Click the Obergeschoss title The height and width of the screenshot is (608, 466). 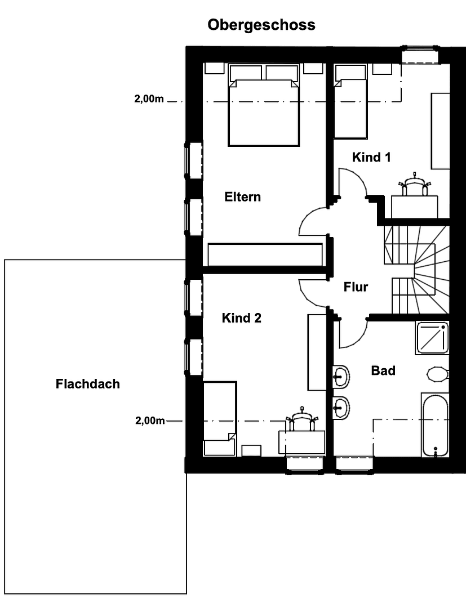point(261,25)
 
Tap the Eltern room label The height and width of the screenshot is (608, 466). point(242,197)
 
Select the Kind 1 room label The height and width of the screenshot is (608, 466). point(371,157)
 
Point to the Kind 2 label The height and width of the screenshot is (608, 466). point(241,318)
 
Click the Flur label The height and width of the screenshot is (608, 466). point(356,287)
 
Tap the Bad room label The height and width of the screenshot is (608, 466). point(383,370)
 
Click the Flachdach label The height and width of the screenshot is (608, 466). point(88,385)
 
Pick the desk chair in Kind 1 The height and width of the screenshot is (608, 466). point(415,184)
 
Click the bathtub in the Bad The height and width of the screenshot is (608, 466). point(435,425)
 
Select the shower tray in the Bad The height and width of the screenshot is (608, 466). point(432,338)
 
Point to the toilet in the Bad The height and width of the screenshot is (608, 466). point(437,374)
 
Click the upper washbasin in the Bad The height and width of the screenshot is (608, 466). point(341,376)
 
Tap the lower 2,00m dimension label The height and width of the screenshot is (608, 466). point(150,421)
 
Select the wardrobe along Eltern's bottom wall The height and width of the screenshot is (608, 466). point(265,254)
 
